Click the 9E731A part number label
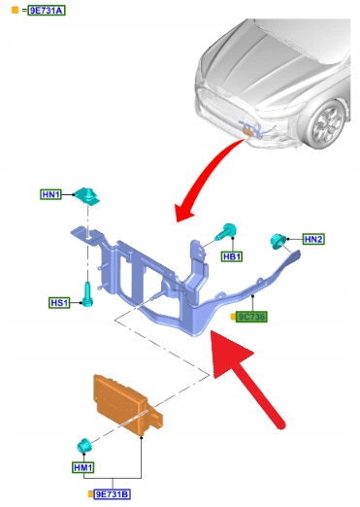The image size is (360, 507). click(47, 11)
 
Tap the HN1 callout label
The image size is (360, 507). click(51, 194)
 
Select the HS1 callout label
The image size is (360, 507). click(59, 303)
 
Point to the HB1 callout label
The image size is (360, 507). click(232, 256)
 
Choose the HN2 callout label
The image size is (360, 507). click(313, 239)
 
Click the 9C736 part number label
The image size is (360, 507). click(251, 317)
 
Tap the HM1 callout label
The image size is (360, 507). click(83, 467)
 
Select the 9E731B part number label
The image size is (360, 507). click(113, 494)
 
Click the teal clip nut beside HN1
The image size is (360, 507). click(86, 195)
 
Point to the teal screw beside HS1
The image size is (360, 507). click(87, 294)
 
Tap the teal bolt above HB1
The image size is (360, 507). click(226, 231)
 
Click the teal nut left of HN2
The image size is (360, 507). click(278, 241)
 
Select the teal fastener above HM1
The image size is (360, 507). click(84, 446)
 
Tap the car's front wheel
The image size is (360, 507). click(326, 124)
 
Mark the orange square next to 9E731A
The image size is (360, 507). click(15, 10)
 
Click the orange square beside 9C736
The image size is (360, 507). click(233, 317)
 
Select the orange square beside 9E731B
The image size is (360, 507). click(90, 494)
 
